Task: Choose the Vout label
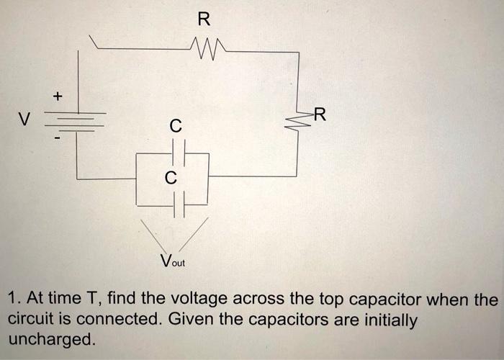point(173,261)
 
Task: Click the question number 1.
point(12,298)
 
